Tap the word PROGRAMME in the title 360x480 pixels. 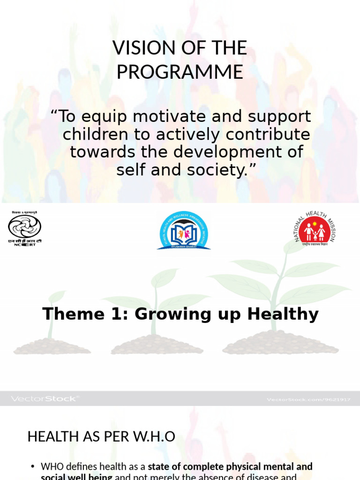180,72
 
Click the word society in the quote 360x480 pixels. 217,170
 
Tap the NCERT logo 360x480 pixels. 24,229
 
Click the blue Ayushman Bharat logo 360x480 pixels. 183,230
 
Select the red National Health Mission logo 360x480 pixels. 315,229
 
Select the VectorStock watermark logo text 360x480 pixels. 45,399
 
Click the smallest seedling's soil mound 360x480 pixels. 52,347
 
